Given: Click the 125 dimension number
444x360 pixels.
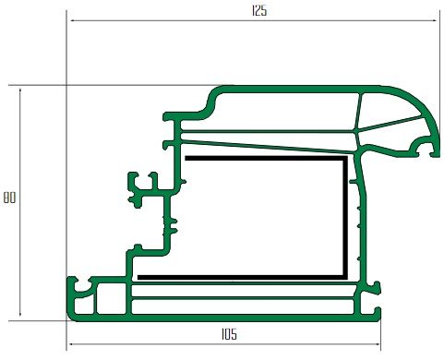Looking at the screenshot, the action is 259,11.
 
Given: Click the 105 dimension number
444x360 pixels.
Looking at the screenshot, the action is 229,334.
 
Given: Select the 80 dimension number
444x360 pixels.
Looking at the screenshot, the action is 9,198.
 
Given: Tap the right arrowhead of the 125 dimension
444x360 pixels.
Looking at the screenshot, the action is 434,21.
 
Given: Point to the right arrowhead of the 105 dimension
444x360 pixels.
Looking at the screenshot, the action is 378,344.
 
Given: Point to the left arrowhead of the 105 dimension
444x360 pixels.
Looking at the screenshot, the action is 71,344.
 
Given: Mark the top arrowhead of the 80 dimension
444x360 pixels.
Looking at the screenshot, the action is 20,91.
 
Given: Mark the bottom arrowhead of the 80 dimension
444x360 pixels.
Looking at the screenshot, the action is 20,313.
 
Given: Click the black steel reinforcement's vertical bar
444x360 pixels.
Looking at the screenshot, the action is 345,218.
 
